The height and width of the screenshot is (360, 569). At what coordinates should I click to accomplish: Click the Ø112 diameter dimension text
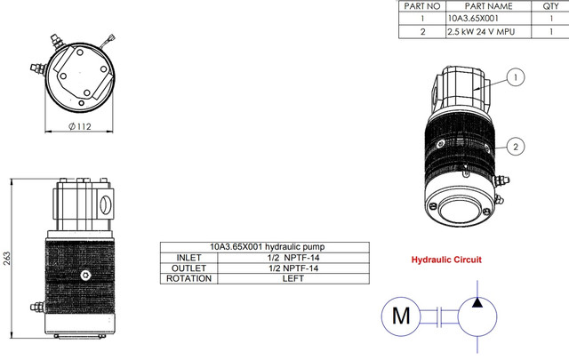[80, 126]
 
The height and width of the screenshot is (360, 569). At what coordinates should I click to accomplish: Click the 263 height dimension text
[7, 259]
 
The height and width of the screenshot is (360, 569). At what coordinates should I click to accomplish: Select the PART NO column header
[422, 6]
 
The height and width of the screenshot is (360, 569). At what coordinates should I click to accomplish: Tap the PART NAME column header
[488, 6]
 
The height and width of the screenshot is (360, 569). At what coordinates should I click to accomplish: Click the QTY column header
[550, 6]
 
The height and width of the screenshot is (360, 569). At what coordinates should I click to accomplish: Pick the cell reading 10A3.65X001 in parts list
[473, 19]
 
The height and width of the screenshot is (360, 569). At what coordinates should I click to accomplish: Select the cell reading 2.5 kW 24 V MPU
[481, 32]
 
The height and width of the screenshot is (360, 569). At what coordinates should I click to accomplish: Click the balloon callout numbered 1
[516, 77]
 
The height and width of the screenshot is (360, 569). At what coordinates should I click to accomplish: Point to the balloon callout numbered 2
[516, 147]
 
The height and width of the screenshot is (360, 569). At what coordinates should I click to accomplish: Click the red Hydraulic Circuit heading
[446, 260]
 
